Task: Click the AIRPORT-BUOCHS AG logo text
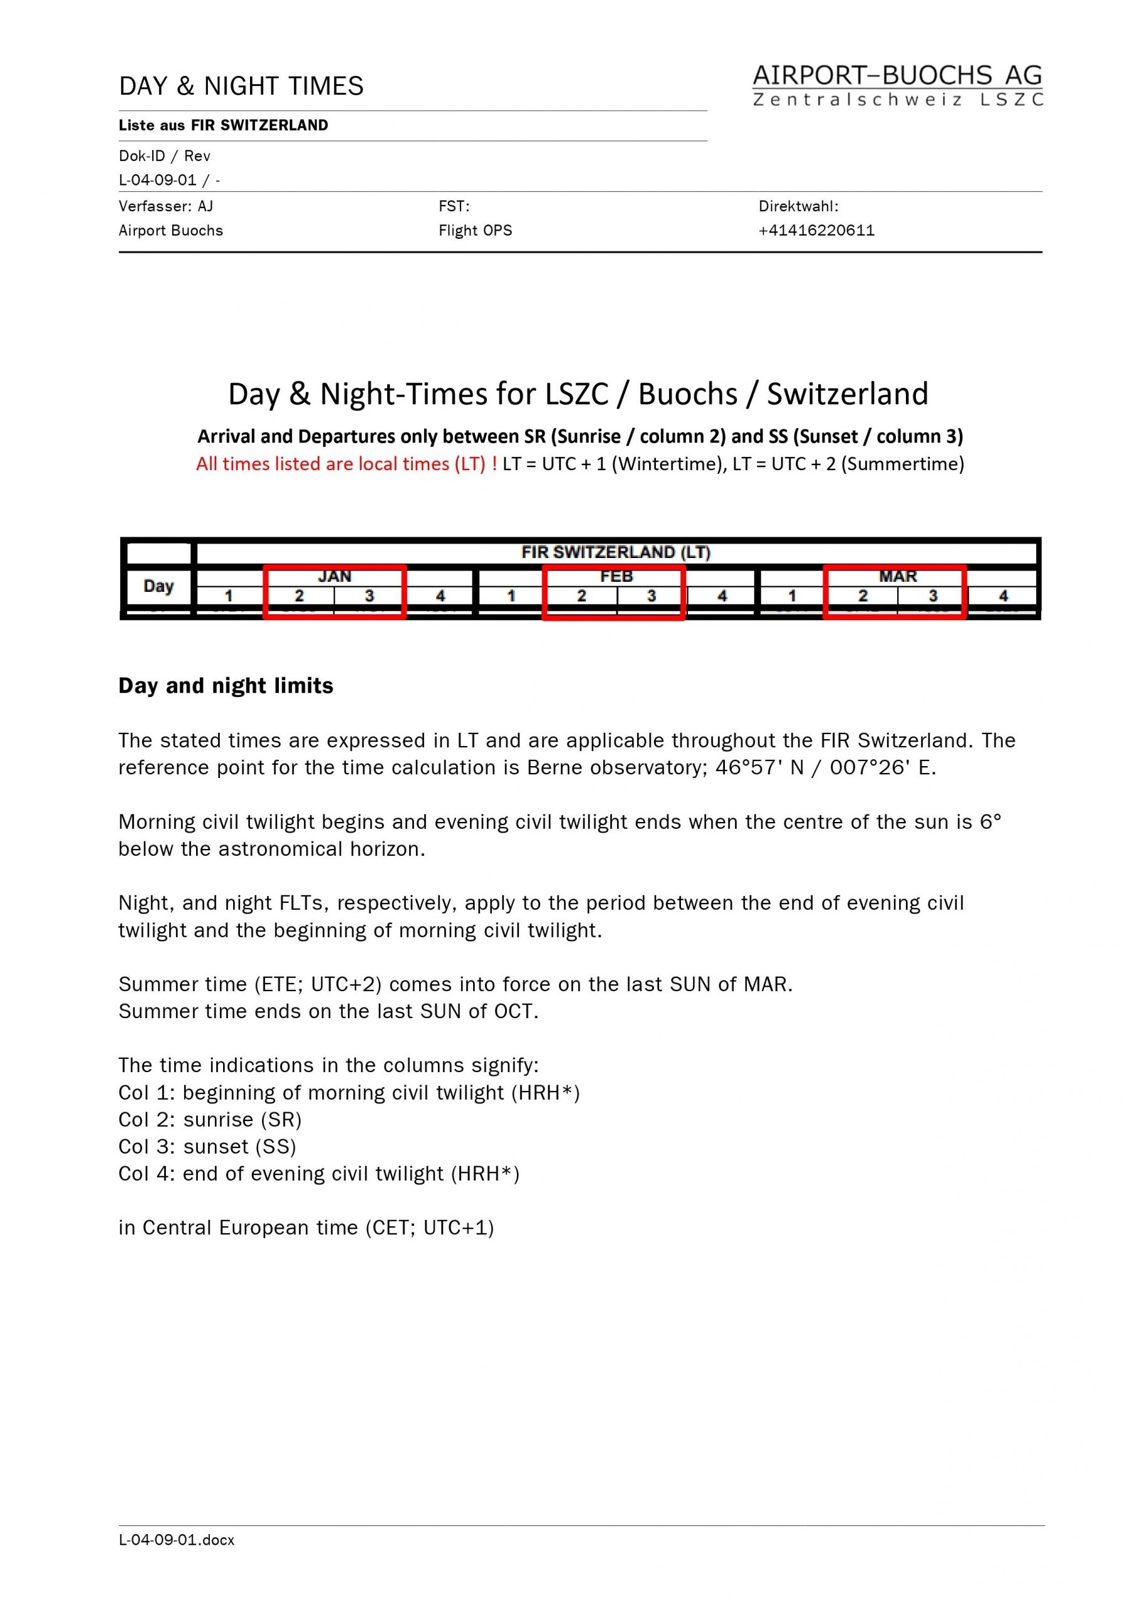pos(897,75)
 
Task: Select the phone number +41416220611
pos(816,231)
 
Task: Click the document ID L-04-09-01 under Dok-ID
pos(158,180)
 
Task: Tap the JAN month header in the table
pos(335,576)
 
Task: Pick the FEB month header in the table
pos(616,576)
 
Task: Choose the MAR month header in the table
pos(898,576)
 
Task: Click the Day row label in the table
pos(159,586)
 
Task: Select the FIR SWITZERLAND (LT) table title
pos(616,552)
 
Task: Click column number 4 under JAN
pos(440,596)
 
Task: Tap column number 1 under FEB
pos(511,596)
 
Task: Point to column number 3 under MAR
pos(933,596)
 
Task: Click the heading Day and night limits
pos(226,686)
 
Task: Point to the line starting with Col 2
pos(210,1119)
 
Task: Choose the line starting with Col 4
pos(319,1173)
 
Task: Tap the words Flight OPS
pos(475,231)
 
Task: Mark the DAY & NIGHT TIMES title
pos(241,86)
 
